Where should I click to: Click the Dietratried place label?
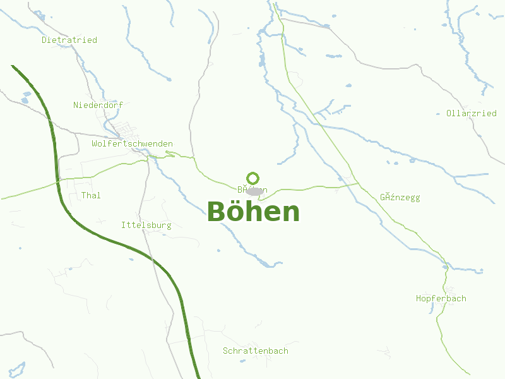click(69, 40)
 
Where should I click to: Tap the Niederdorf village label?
click(98, 105)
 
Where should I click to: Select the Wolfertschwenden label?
click(132, 144)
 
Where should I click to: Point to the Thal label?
click(91, 195)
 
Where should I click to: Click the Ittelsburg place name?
click(146, 225)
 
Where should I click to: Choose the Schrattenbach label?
click(256, 351)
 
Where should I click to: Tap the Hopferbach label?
click(441, 298)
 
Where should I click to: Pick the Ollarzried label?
click(471, 114)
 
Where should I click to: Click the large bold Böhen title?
click(253, 212)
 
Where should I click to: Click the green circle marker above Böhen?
click(253, 178)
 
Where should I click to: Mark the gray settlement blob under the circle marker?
click(254, 191)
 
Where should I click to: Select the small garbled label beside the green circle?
click(252, 189)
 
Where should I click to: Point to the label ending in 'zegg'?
click(400, 198)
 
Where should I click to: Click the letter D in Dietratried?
click(44, 40)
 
